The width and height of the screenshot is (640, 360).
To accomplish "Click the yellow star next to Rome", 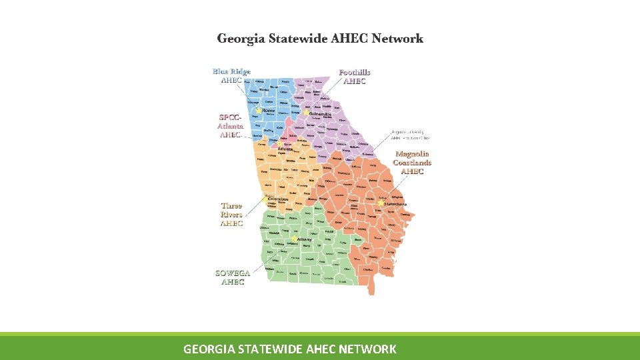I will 259,110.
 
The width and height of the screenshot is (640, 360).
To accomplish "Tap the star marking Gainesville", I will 307,113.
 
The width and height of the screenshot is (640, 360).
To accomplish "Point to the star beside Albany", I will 293,239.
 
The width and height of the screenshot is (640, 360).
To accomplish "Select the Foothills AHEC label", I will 355,77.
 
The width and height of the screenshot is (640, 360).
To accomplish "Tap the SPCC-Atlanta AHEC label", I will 231,125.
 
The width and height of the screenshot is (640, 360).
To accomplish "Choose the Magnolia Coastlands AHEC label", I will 412,163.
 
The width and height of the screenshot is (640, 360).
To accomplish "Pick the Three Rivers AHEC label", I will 231,215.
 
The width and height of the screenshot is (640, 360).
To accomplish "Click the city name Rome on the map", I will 268,110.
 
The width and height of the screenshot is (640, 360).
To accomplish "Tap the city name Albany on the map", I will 305,239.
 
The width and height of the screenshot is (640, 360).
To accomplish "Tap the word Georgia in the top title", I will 241,39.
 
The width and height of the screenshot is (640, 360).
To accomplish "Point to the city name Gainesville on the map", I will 321,114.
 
